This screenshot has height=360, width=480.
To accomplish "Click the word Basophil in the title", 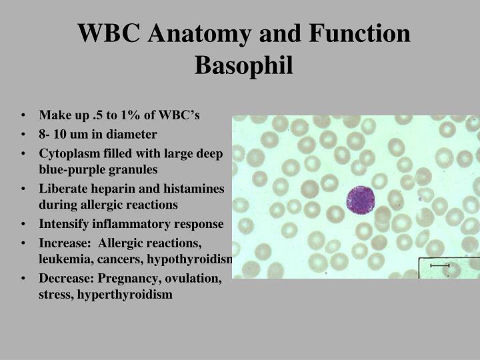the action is pos(244,65).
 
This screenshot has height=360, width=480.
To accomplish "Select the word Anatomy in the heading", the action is pos(199,33).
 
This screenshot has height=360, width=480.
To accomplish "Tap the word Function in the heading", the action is pos(360,33).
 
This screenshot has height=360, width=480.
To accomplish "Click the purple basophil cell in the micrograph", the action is pos(360,200).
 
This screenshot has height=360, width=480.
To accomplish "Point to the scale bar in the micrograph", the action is pos(439,266).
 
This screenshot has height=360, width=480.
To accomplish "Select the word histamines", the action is pos(194,189).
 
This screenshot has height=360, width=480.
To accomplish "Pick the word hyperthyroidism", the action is pos(125,295).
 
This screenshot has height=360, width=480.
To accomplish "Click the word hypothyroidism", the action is pos(190,259).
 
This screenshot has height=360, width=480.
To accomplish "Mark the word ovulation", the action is pos(193,279).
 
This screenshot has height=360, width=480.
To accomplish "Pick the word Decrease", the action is pos(66,278).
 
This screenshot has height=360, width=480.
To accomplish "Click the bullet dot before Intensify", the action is pos(23,224).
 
